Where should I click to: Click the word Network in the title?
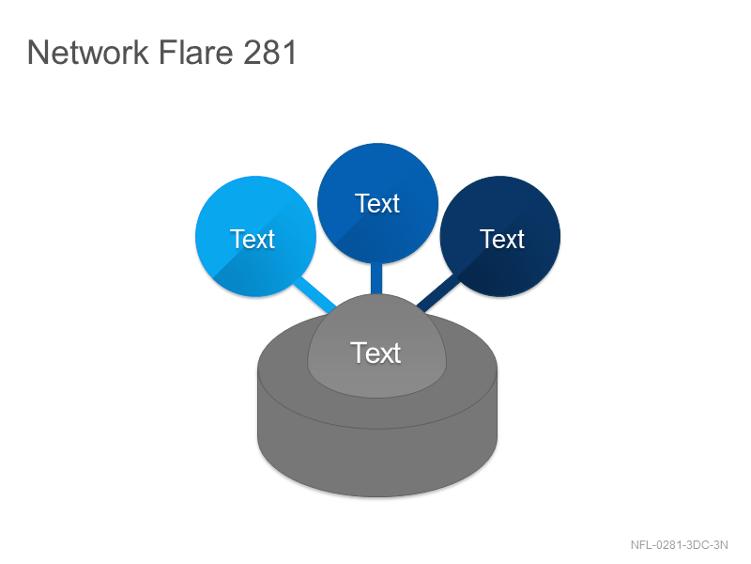88,52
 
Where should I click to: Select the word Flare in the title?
196,52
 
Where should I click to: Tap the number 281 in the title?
270,52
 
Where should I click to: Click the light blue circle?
255,237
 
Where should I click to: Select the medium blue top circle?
378,203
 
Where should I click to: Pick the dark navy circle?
500,237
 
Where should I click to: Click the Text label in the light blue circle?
253,239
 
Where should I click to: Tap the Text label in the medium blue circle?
377,203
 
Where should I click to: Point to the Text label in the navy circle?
502,239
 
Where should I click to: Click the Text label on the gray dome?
375,353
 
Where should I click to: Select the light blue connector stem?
315,295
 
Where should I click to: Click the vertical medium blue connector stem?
376,278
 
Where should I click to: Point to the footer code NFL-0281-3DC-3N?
679,545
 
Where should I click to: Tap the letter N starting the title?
37,53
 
